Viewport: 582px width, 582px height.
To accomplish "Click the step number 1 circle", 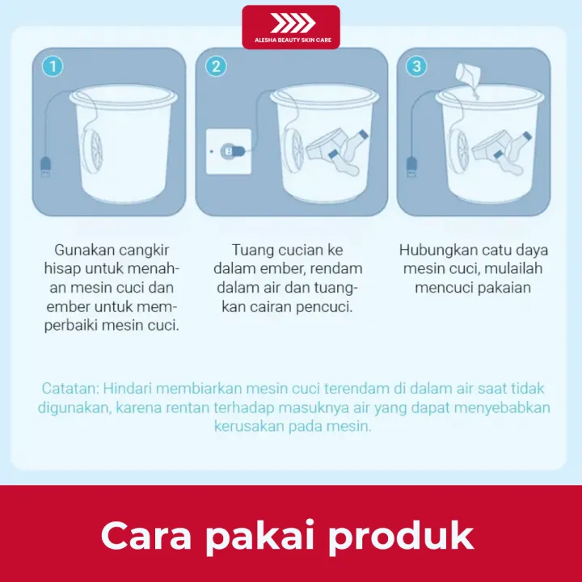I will pos(52,66).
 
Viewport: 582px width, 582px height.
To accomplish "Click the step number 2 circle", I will pos(215,66).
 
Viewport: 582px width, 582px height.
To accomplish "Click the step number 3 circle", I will pos(416,66).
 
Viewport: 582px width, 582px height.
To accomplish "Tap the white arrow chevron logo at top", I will pos(291,23).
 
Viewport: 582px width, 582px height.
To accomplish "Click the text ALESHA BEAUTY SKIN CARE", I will pos(291,40).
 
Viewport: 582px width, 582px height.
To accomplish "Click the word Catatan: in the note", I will pos(70,388).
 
